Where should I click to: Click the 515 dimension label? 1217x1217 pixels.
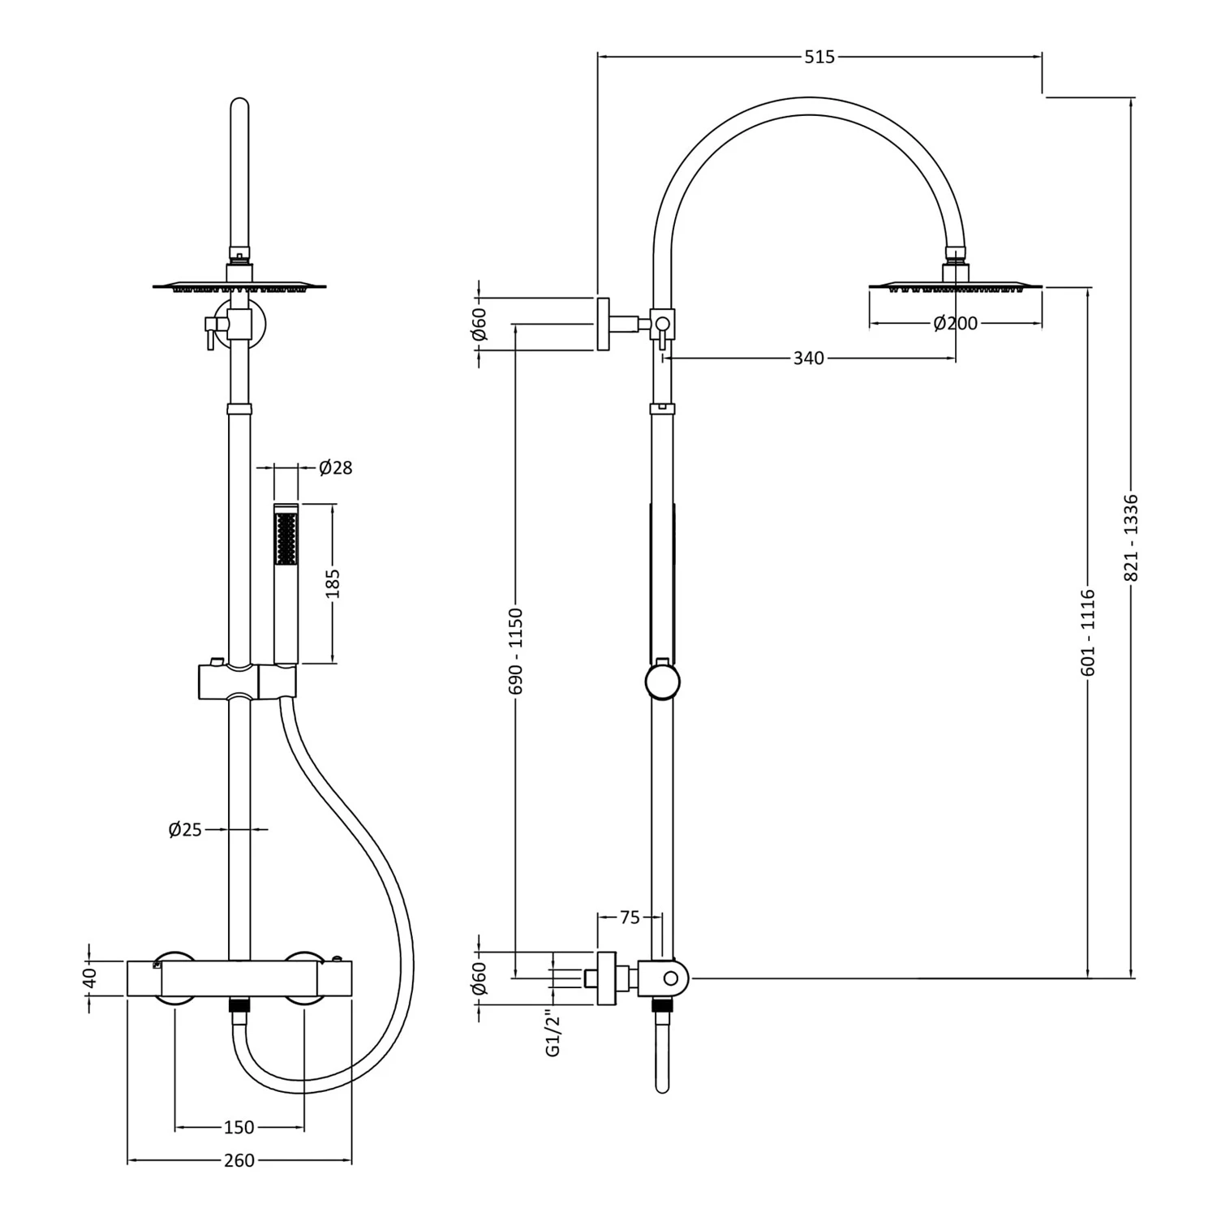[x=819, y=57]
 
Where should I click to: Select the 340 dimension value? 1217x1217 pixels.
[x=808, y=358]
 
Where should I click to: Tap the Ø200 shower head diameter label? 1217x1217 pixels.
[x=955, y=324]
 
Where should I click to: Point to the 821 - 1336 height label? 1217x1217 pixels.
[x=1132, y=537]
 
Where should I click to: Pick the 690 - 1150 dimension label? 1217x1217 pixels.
[x=515, y=651]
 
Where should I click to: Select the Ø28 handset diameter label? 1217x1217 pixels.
[x=335, y=467]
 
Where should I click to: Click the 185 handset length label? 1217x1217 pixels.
[x=333, y=583]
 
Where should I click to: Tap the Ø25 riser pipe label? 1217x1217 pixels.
[x=185, y=829]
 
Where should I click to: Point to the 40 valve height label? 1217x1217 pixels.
[x=89, y=977]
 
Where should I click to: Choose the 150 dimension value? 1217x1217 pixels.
[x=239, y=1127]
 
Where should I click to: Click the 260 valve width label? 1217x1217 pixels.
[x=239, y=1161]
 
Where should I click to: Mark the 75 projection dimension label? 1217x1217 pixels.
[x=630, y=918]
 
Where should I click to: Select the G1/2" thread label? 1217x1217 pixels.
[x=553, y=1033]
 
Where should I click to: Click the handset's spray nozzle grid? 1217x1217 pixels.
[x=286, y=537]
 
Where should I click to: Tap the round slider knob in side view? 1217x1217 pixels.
[x=662, y=682]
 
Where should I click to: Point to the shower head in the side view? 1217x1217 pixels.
[x=955, y=286]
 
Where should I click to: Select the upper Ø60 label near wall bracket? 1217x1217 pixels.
[x=479, y=324]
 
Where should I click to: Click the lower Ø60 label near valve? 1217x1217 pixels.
[x=479, y=978]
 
